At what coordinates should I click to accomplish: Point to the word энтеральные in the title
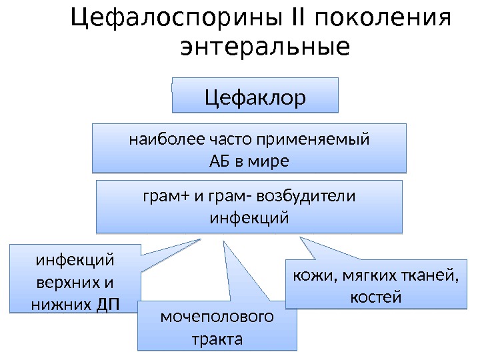265,48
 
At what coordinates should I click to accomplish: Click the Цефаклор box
255,97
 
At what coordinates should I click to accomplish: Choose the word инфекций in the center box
249,217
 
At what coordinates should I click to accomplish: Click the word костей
375,296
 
